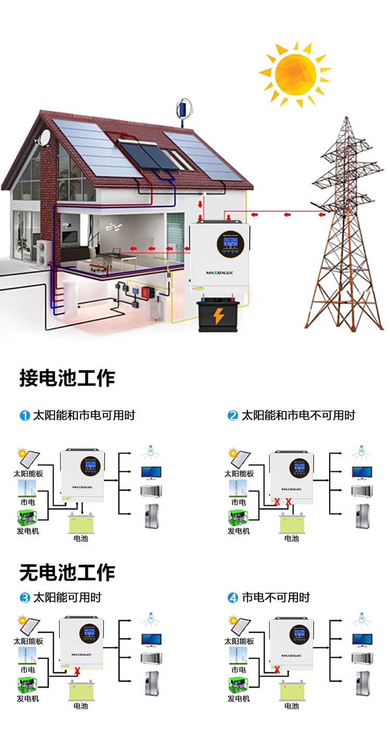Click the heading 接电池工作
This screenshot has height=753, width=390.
point(67,378)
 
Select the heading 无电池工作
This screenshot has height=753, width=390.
point(67,573)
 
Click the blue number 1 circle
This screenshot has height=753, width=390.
point(25,416)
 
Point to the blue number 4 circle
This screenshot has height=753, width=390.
point(233,598)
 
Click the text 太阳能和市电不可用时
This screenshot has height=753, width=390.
point(298,416)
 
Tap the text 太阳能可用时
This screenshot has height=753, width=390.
point(67,598)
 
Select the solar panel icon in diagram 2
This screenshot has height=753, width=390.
point(239,458)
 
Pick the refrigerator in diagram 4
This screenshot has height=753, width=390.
point(362,683)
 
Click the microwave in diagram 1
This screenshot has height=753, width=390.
point(151,490)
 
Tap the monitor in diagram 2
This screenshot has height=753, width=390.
point(362,472)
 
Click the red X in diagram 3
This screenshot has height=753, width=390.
point(77,670)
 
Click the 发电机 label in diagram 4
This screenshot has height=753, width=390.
point(239,698)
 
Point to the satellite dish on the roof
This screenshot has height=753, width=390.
point(45,136)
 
